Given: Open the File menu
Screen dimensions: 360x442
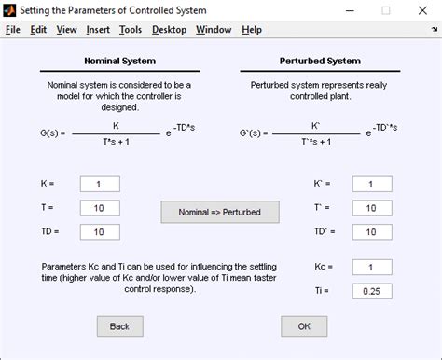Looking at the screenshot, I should click(12, 29).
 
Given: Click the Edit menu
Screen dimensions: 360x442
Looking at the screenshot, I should click(38, 29).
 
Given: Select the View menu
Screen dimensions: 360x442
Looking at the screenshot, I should click(66, 29).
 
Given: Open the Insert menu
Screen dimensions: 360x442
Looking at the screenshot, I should click(98, 29).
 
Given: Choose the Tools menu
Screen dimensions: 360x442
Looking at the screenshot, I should click(131, 29).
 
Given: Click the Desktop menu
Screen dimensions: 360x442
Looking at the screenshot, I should click(169, 29).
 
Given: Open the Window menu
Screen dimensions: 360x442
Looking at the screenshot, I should click(214, 29).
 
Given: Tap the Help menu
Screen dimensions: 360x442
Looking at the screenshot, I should click(252, 29).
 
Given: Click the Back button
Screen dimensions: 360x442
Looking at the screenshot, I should click(119, 326).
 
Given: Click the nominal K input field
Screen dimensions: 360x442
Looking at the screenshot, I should click(100, 184).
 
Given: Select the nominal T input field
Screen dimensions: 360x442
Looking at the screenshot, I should click(100, 207).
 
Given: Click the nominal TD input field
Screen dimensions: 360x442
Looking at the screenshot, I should click(100, 231).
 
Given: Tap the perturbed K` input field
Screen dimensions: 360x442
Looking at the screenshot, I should click(371, 184).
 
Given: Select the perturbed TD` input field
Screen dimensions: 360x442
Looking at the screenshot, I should click(371, 231).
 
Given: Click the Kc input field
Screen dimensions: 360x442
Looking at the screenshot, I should click(371, 268).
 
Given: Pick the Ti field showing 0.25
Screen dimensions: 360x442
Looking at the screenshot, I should click(371, 292).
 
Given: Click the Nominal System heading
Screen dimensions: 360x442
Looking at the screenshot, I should click(119, 62).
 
